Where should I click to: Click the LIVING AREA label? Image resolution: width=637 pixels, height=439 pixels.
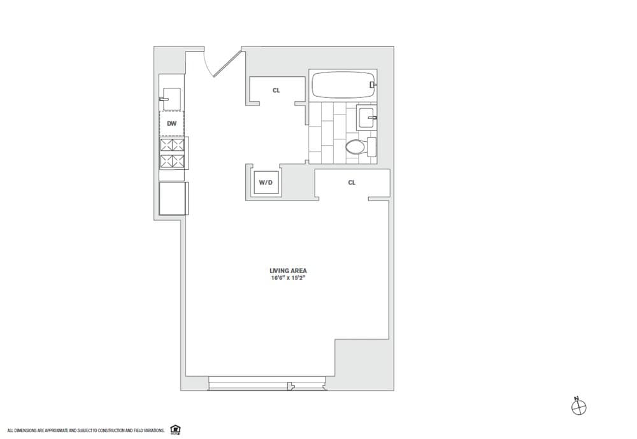[288, 270]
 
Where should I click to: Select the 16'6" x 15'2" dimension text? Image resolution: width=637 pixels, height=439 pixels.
[288, 278]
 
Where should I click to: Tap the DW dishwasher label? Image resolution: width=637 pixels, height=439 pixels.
[171, 123]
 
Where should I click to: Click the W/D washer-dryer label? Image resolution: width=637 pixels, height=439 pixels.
[266, 183]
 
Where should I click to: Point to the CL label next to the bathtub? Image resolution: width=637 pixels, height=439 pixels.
[276, 90]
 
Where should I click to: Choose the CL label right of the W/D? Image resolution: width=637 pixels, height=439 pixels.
[352, 183]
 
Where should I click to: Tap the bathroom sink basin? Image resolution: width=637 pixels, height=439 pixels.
[366, 118]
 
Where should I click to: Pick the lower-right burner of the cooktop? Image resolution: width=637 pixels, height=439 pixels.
[178, 161]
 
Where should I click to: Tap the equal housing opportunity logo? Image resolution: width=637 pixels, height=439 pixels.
[175, 430]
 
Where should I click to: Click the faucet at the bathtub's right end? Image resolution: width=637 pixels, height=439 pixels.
[373, 84]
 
